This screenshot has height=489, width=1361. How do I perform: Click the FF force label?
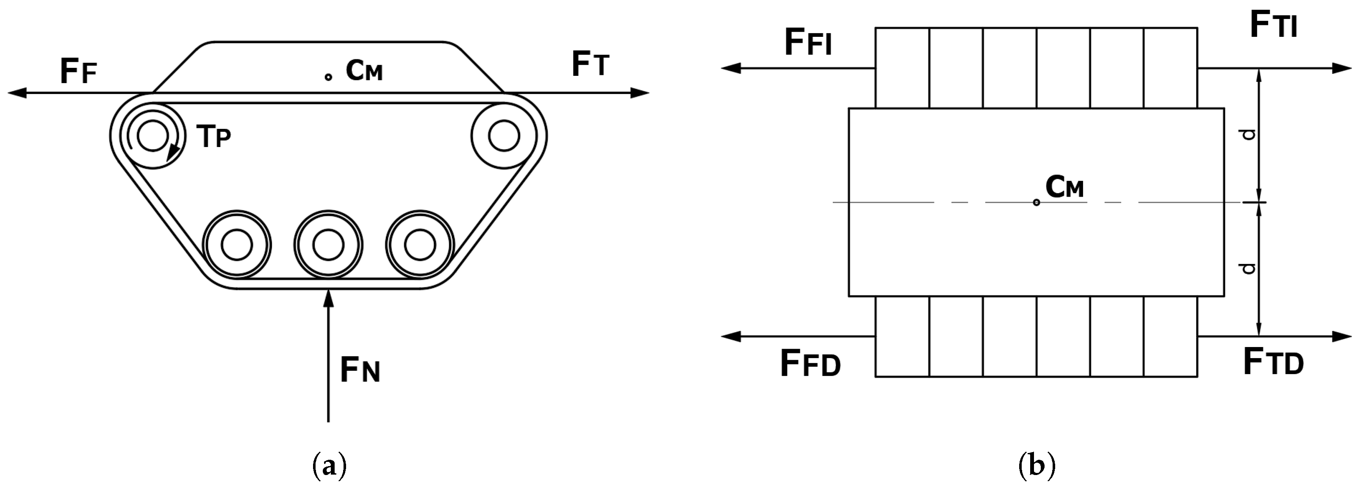pos(78,71)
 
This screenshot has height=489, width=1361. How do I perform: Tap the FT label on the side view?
pos(590,65)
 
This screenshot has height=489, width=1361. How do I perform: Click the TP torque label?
pos(213,136)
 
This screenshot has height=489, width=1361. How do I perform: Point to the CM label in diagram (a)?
pos(364,70)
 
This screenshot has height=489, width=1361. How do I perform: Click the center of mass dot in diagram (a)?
pos(328,77)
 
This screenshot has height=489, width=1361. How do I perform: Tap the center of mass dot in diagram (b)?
pos(1036,203)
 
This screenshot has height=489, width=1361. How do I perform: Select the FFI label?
pos(808,42)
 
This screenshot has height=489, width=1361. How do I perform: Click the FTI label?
pos(1273,25)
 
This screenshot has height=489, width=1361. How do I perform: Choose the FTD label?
pos(1273,362)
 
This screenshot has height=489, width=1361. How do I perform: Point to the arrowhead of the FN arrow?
pos(328,297)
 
